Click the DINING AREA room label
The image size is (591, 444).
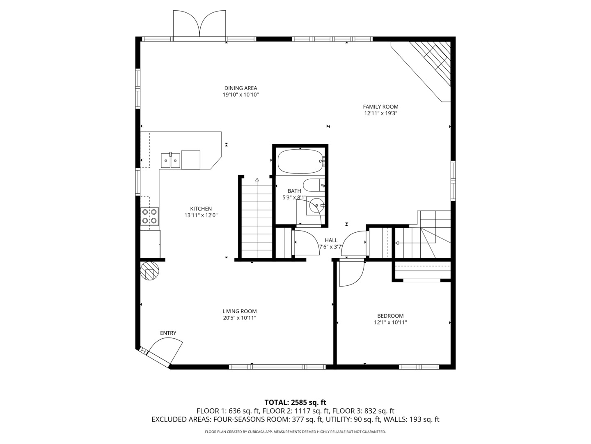[241, 88]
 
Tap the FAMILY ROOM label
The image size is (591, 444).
[380, 107]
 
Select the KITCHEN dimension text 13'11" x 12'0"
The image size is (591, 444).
[201, 215]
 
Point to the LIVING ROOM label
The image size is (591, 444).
[240, 311]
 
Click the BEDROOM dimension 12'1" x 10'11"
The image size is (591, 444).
[390, 322]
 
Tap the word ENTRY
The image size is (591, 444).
[168, 333]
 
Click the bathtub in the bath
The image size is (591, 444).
[300, 161]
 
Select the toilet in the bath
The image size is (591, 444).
[314, 186]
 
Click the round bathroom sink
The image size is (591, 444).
[317, 205]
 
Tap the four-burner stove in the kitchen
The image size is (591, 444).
[149, 217]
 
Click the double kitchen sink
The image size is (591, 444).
[170, 160]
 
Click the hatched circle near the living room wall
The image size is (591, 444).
[149, 271]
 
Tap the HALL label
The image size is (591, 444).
[331, 240]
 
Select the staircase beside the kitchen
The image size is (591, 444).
[257, 220]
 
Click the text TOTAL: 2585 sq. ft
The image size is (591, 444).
[295, 402]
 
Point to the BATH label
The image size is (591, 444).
[294, 191]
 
